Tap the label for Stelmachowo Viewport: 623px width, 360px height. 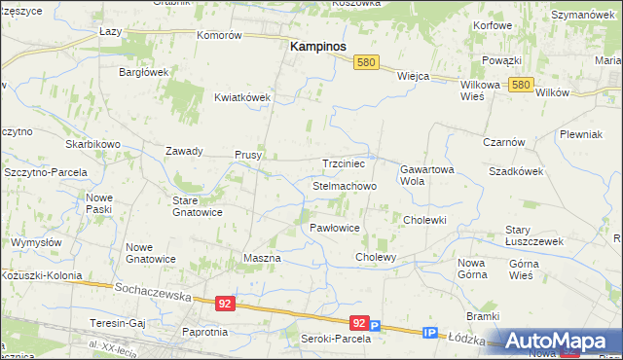344,185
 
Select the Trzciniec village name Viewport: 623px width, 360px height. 343,164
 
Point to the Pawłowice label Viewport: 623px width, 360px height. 335,228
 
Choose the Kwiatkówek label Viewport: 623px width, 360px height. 242,97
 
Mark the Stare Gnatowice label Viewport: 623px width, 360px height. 198,205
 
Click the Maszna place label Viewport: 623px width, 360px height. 261,259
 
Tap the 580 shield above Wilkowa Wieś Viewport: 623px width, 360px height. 520,86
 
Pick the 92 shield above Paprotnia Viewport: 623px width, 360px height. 225,304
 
